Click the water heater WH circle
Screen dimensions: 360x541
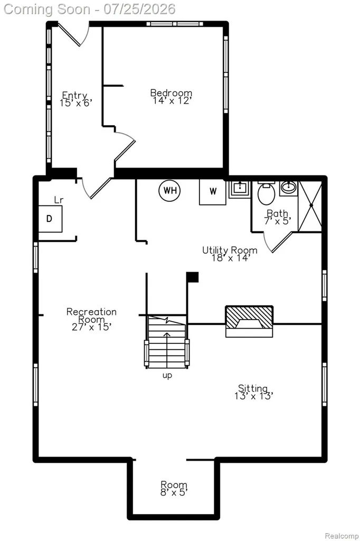pos(170,190)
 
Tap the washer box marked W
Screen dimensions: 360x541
pos(213,191)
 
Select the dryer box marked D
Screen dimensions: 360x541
pos(50,219)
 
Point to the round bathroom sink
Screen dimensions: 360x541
pos(288,188)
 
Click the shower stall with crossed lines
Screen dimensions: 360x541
pos(310,206)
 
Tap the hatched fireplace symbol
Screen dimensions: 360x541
pos(249,321)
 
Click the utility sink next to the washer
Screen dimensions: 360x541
pos(240,189)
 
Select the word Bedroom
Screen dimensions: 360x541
pos(171,92)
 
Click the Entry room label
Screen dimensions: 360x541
pos(75,99)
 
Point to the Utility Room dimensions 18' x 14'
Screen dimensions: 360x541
pos(230,258)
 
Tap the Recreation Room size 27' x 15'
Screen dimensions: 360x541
pos(91,327)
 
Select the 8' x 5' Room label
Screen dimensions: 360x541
pos(174,488)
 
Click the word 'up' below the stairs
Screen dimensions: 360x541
pos(167,376)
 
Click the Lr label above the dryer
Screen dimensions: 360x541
pos(59,200)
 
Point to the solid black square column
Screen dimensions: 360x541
pos(193,277)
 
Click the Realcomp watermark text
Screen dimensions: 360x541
pos(342,536)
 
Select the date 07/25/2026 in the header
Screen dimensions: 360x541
pos(139,9)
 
